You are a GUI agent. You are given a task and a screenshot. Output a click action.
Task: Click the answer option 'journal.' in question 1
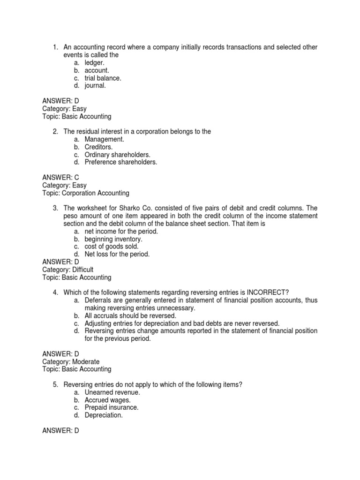[x=95, y=86]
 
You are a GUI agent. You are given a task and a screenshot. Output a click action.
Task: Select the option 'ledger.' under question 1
[x=95, y=62]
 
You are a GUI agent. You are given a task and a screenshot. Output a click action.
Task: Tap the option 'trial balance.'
[x=103, y=78]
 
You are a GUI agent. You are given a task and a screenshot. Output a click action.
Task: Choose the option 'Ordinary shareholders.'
[x=118, y=154]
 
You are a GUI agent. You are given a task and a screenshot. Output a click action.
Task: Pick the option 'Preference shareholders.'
[x=121, y=162]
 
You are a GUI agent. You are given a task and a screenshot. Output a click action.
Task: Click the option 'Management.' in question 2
[x=105, y=139]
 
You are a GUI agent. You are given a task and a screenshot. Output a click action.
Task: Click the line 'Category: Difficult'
[x=68, y=270]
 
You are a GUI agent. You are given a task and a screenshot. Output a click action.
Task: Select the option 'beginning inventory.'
[x=113, y=239]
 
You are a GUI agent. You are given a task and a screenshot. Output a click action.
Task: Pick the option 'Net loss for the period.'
[x=117, y=254]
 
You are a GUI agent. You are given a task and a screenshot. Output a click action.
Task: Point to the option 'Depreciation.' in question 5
[x=104, y=415]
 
